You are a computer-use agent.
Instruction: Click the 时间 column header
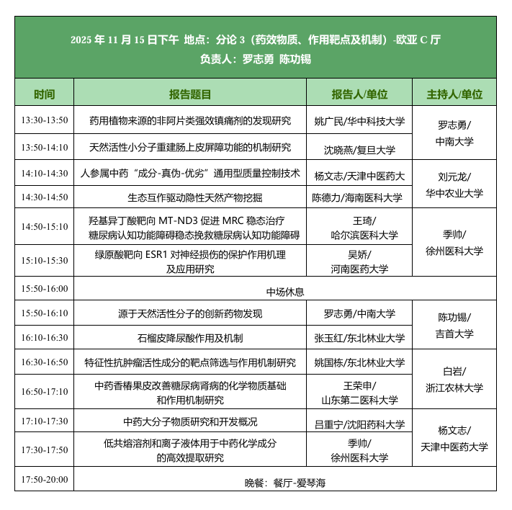pos(44,94)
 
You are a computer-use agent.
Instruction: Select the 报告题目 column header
pos(190,94)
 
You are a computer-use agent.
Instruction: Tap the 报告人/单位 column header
pos(359,94)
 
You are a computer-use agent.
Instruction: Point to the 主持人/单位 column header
pos(454,94)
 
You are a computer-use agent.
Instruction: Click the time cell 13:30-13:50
pos(44,120)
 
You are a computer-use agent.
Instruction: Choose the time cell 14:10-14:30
pos(44,174)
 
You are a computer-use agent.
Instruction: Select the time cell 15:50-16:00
pos(44,289)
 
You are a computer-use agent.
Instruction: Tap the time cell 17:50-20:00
pos(44,479)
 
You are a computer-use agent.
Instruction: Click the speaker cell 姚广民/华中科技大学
pos(359,121)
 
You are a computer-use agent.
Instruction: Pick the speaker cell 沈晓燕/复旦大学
pos(359,150)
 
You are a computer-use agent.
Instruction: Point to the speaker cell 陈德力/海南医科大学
pos(359,197)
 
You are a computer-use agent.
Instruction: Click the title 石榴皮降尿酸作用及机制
pos(190,338)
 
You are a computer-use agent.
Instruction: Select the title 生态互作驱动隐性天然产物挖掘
pos(190,197)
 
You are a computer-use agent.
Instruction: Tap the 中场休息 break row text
pos(285,292)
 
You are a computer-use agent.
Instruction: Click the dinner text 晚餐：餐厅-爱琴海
pos(285,483)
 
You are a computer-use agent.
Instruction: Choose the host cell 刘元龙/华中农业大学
pos(454,184)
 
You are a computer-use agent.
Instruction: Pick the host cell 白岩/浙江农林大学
pos(454,380)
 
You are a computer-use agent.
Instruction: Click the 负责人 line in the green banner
pos(256,59)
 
